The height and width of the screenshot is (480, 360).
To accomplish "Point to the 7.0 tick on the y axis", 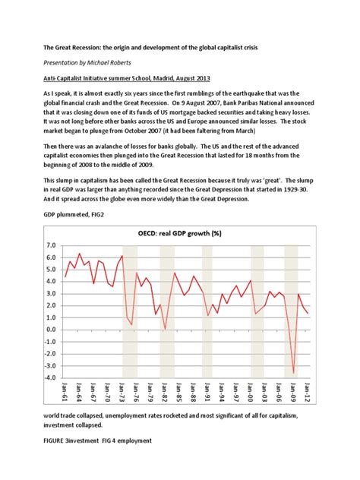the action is (51, 245).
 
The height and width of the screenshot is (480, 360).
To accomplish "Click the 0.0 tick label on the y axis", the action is (51, 330).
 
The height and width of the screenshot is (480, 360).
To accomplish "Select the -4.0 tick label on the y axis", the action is (49, 377).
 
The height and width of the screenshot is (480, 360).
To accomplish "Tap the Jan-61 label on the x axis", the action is (66, 395).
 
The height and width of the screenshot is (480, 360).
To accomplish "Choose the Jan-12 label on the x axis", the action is (308, 395).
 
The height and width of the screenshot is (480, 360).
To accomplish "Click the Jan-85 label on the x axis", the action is (179, 395).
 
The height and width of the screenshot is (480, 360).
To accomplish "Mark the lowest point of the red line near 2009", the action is (294, 373).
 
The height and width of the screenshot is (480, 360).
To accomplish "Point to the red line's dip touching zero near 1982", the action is (166, 329).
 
